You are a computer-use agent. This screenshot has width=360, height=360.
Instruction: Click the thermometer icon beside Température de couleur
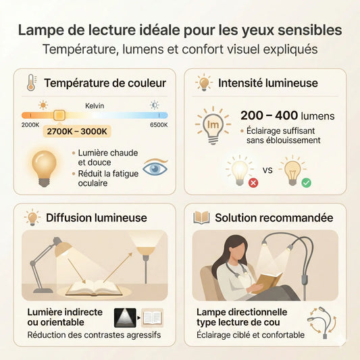pyautogui.click(x=31, y=83)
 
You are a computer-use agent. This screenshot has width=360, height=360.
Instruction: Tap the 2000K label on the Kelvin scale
pyautogui.click(x=30, y=125)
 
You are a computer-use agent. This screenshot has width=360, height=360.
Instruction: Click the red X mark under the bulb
pyautogui.click(x=253, y=182)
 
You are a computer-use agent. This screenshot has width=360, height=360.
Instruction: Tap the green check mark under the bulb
pyautogui.click(x=306, y=182)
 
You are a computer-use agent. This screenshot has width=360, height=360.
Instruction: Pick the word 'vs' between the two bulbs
pyautogui.click(x=267, y=170)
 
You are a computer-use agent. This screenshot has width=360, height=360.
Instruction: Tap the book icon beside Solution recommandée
pyautogui.click(x=201, y=217)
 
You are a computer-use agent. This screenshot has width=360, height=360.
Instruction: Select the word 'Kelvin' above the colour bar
pyautogui.click(x=95, y=106)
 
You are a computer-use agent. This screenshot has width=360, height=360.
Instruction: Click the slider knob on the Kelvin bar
pyautogui.click(x=59, y=115)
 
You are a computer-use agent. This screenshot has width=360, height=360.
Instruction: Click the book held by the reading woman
pyautogui.click(x=271, y=279)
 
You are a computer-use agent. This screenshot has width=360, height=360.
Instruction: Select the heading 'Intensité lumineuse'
pyautogui.click(x=268, y=83)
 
